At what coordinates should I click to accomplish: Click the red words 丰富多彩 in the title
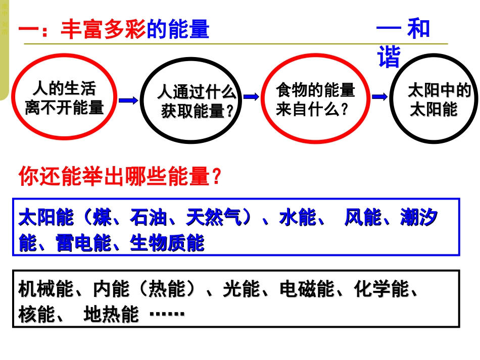click(103, 30)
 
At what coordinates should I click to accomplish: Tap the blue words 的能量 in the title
click(177, 30)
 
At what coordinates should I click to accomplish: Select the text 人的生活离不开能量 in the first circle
click(64, 98)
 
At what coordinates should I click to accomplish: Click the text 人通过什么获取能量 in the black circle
click(197, 101)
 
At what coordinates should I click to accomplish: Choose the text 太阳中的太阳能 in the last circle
click(438, 100)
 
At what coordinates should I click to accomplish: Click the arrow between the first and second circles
click(128, 100)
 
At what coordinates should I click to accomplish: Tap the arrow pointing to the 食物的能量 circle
click(251, 97)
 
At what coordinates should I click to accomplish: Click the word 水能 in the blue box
click(298, 218)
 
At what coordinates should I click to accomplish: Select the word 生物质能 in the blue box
click(167, 243)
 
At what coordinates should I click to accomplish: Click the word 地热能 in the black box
click(111, 315)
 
